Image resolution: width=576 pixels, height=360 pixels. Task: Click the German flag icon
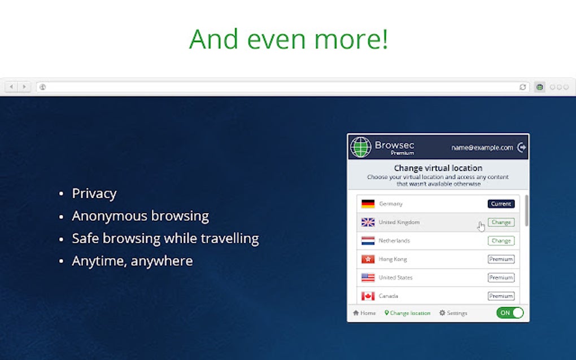(x=368, y=204)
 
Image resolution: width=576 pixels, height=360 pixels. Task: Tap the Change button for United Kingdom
(x=501, y=222)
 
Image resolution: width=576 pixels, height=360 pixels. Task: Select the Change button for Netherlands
(x=501, y=241)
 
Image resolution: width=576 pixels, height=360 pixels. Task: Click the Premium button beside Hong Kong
(x=501, y=260)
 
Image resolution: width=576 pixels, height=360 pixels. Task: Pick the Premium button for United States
(x=501, y=278)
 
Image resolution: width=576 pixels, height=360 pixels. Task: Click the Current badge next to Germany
(x=501, y=204)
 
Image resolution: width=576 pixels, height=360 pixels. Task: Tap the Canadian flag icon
(x=368, y=296)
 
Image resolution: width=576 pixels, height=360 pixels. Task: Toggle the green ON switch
(x=510, y=313)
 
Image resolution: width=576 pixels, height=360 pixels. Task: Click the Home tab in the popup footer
(x=364, y=313)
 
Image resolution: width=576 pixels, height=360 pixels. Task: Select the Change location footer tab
(x=407, y=313)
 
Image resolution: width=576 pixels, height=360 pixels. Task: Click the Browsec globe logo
(x=360, y=147)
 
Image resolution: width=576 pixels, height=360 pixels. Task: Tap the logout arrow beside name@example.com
(x=522, y=147)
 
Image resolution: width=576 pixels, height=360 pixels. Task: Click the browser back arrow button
(x=12, y=87)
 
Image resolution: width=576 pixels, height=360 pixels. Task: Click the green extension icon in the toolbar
(x=539, y=87)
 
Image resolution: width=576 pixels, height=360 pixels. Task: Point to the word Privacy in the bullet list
(x=94, y=194)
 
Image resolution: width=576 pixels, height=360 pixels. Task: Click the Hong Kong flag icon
(x=368, y=260)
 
